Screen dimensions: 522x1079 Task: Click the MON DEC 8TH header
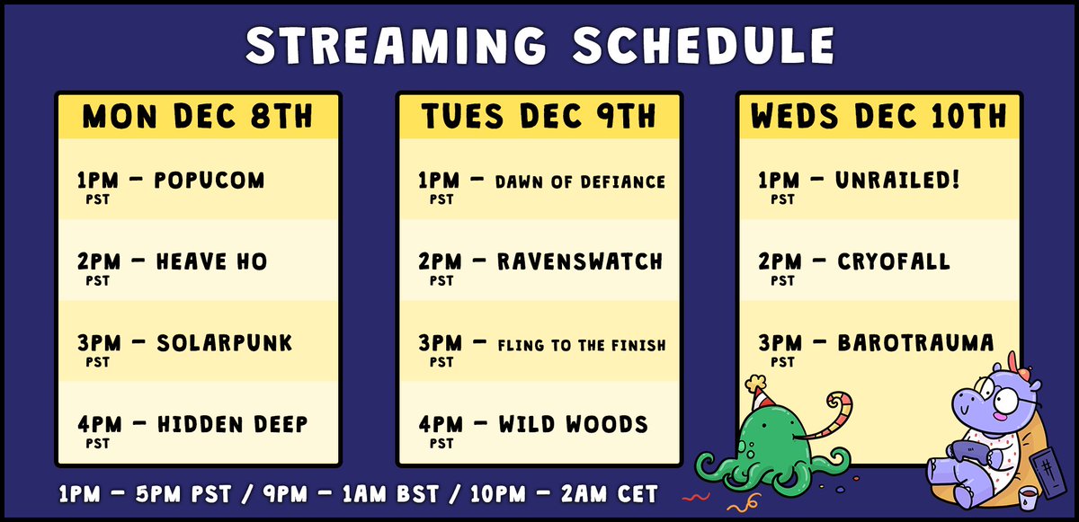coord(198,117)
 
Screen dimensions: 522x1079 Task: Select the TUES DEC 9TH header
coord(539,117)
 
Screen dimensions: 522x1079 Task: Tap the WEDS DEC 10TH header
coord(879,117)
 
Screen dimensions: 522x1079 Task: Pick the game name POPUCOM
coord(210,181)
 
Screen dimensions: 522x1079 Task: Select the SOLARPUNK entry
coord(224,343)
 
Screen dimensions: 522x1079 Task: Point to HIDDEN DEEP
coord(232,424)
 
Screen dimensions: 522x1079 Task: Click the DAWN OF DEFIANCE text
coord(581,181)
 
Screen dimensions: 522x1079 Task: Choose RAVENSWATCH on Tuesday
coord(580,262)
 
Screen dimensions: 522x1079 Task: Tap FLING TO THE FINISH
coord(581,344)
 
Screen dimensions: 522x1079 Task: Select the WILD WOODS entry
coord(572,424)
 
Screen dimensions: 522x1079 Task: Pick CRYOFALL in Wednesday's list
coord(894,261)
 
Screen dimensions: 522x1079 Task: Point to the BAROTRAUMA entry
coord(915,343)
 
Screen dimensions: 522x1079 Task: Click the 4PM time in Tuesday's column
coord(439,424)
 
